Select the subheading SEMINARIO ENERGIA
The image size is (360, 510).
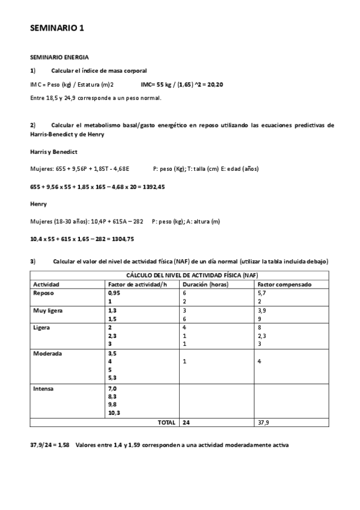click(59, 57)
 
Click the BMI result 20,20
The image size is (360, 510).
click(215, 84)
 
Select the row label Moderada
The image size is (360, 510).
click(47, 354)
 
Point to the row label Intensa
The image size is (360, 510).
click(43, 389)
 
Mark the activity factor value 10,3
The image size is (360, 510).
click(114, 414)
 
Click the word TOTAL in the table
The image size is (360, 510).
click(166, 423)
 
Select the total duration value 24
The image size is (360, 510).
click(186, 423)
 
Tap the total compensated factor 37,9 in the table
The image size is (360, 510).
click(263, 423)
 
